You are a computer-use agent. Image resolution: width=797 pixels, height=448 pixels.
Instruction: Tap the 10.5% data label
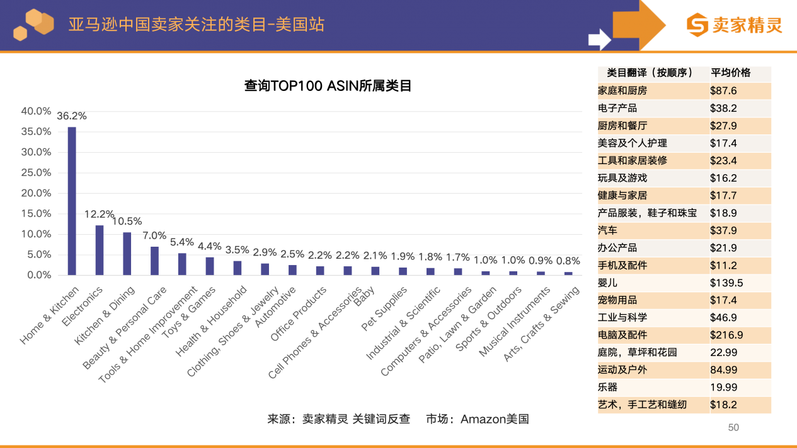pos(127,221)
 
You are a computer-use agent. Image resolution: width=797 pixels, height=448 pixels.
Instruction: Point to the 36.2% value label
pos(72,116)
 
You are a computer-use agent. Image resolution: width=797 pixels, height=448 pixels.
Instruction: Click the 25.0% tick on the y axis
pos(37,172)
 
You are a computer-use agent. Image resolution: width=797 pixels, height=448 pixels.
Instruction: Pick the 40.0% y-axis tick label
pos(37,111)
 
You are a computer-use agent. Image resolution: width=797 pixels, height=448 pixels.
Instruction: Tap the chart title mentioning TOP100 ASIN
pos(328,86)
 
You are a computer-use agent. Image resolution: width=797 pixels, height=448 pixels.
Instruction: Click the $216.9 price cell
pos(726,335)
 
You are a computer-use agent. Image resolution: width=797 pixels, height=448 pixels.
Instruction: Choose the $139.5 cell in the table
pos(726,283)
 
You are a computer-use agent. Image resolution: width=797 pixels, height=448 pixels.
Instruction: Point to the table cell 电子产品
pos(617,109)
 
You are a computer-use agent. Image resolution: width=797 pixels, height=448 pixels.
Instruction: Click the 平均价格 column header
pos(731,73)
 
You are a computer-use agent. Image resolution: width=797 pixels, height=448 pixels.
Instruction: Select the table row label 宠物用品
pos(617,300)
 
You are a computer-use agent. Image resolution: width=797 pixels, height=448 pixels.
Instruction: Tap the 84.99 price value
pos(723,370)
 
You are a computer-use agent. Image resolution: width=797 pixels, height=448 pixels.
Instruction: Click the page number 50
pos(733,428)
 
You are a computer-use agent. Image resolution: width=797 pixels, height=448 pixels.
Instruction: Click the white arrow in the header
pos(599,39)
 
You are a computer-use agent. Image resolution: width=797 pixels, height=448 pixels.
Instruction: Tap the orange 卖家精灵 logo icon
pos(697,25)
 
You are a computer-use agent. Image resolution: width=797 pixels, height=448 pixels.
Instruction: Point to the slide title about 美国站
pos(197,25)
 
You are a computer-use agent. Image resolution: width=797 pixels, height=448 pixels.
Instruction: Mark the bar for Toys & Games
pos(210,266)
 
